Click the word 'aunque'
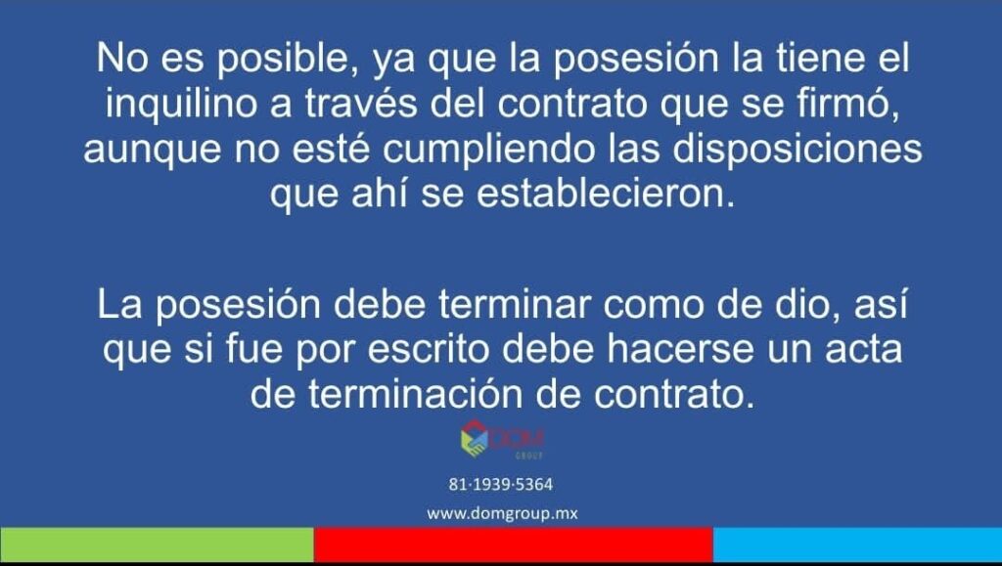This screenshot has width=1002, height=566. click(152, 150)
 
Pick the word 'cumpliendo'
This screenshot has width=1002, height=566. click(489, 149)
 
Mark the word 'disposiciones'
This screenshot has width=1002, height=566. click(797, 149)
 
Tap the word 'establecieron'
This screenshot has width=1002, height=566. click(605, 194)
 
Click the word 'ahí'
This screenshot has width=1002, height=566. click(379, 194)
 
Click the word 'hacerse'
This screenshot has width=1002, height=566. click(680, 349)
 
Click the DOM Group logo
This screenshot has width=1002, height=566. click(502, 439)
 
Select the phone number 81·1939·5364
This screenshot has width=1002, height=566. click(500, 484)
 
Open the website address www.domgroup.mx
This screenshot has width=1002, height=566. click(502, 513)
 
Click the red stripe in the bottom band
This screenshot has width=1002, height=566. click(513, 544)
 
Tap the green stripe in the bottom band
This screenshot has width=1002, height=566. click(157, 544)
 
